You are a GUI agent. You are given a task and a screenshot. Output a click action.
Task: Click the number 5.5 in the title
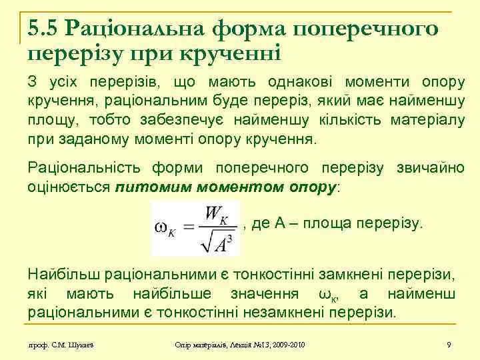click(x=43, y=29)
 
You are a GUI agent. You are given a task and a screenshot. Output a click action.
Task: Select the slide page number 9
click(x=449, y=344)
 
